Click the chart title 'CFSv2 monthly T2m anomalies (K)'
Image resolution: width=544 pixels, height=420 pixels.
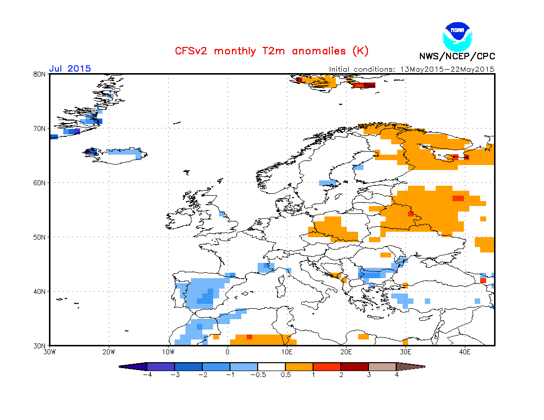[x=272, y=51]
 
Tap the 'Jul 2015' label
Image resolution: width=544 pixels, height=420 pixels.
[x=70, y=69]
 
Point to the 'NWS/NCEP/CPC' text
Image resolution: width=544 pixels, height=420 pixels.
[x=457, y=56]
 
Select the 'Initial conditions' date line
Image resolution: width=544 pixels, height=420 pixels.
[x=411, y=69]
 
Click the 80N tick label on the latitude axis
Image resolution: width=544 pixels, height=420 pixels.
[x=40, y=74]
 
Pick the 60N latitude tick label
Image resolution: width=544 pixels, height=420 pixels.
[x=40, y=183]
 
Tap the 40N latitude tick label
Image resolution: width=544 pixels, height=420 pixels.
[x=40, y=292]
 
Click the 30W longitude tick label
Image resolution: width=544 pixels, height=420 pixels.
[x=49, y=352]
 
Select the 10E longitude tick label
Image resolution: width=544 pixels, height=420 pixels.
[x=287, y=352]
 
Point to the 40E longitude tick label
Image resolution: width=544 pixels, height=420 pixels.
[x=465, y=352]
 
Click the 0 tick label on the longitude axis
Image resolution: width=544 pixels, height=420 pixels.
[x=227, y=352]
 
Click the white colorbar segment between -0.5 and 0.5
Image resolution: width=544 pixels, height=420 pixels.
[x=272, y=367]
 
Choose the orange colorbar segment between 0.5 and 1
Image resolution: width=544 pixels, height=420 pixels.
[x=299, y=367]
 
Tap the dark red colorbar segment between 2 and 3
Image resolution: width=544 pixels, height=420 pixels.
[x=355, y=367]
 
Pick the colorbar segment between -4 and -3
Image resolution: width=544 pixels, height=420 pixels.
[x=161, y=367]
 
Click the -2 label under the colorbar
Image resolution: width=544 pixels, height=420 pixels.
[x=201, y=375]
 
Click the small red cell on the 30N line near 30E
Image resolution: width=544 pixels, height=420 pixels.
[x=406, y=341]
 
